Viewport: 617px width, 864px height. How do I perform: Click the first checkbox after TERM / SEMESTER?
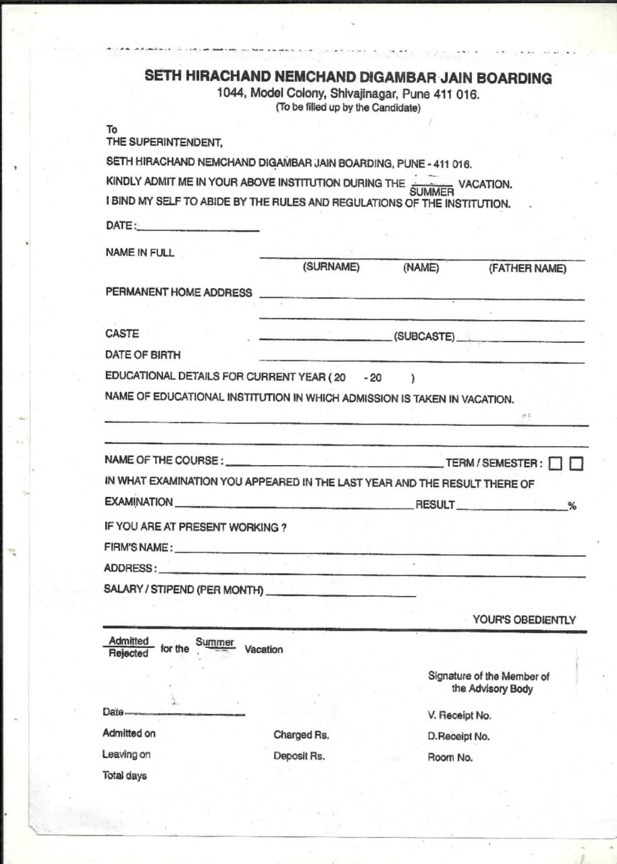coord(555,464)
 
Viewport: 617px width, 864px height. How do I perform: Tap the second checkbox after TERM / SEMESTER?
coord(576,464)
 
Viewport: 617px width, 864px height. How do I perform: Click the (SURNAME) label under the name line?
coord(331,267)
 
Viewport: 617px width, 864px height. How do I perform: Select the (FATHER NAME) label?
coord(527,269)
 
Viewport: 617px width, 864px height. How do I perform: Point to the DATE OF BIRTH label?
coord(143,354)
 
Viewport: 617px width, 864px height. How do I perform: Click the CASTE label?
coord(122,333)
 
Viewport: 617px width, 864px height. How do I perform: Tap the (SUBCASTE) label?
coord(425,337)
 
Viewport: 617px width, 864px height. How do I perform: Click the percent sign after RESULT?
coord(572,506)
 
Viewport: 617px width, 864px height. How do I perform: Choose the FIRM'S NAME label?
coord(138,547)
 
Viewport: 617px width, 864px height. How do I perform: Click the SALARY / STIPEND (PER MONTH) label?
coord(183,589)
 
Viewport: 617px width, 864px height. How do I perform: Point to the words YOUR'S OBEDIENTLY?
coord(524,620)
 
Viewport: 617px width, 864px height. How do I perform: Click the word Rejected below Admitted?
coord(128,653)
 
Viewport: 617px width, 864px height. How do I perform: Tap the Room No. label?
coord(450,757)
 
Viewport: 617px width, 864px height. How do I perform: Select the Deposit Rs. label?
coord(299,756)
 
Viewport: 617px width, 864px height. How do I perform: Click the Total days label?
coord(124,776)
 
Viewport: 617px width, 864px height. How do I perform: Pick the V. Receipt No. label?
coord(459,715)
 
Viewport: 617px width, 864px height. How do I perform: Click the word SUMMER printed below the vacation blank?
coord(431,192)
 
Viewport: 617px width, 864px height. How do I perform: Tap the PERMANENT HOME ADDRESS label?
coord(178,292)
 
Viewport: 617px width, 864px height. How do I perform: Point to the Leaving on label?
coord(126,754)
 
